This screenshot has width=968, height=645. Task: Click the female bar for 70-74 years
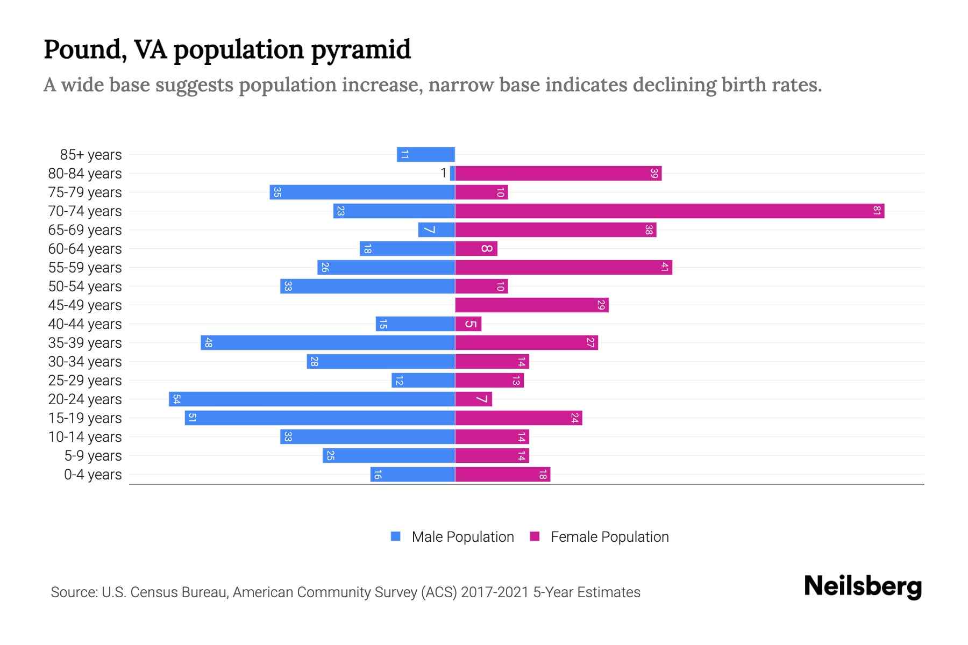tap(670, 211)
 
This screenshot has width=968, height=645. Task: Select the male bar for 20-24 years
tap(312, 399)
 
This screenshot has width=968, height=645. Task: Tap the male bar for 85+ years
tap(426, 154)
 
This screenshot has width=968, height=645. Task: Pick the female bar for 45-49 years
tap(531, 305)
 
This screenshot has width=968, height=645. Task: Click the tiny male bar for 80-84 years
tap(452, 173)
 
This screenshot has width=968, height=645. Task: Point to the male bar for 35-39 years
tap(328, 342)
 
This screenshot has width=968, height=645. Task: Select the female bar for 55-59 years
tap(563, 267)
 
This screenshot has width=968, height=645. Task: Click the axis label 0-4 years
tap(92, 475)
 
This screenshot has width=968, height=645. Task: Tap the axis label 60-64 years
tap(85, 249)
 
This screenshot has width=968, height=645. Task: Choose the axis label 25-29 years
tap(85, 381)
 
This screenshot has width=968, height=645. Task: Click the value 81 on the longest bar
tap(877, 211)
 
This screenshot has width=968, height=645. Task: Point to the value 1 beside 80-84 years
tap(443, 173)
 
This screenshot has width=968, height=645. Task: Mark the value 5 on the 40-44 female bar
tap(471, 324)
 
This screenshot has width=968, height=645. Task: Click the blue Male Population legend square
tap(396, 536)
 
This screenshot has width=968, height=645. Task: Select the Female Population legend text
tap(609, 536)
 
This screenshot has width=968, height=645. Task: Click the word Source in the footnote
tap(74, 592)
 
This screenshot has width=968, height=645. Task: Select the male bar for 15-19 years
tap(320, 418)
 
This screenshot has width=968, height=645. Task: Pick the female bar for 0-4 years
tap(502, 474)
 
